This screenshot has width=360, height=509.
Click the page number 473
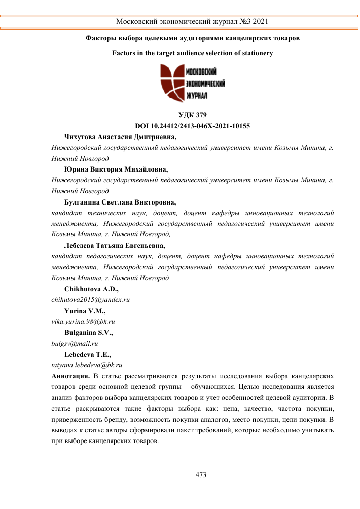tap(201, 475)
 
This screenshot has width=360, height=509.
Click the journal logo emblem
tap(170, 83)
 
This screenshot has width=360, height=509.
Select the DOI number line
tap(193, 126)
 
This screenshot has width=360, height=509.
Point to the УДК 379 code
tap(193, 115)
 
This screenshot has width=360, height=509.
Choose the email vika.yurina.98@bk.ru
tap(83, 322)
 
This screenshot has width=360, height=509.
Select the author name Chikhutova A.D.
tap(91, 289)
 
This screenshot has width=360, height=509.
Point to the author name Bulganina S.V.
tap(89, 333)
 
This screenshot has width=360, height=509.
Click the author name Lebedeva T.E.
tap(88, 355)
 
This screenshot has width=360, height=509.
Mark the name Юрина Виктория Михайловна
tap(117, 169)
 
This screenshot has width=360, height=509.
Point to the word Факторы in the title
tap(101, 38)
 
